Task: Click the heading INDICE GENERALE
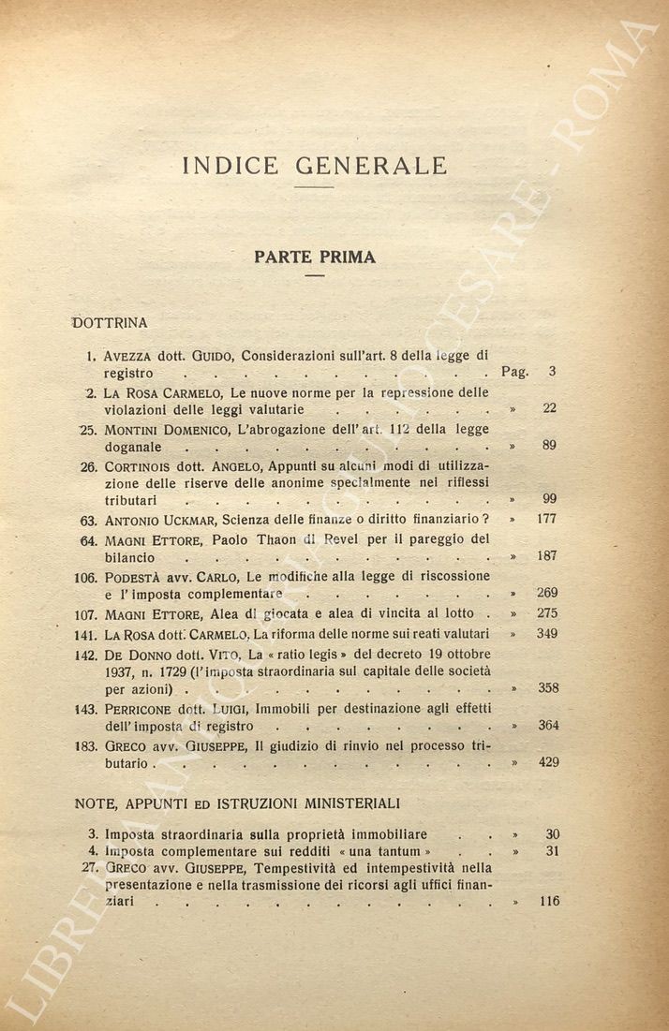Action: [315, 166]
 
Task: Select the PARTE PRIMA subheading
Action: [315, 257]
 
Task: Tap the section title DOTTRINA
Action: [111, 323]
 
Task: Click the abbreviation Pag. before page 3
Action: [514, 372]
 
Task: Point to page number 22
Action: [550, 408]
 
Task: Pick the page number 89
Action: [550, 445]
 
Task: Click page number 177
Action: [546, 518]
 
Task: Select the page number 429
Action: [547, 762]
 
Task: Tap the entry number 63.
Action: [88, 519]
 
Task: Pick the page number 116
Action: [549, 901]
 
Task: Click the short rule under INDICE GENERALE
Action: [314, 188]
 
